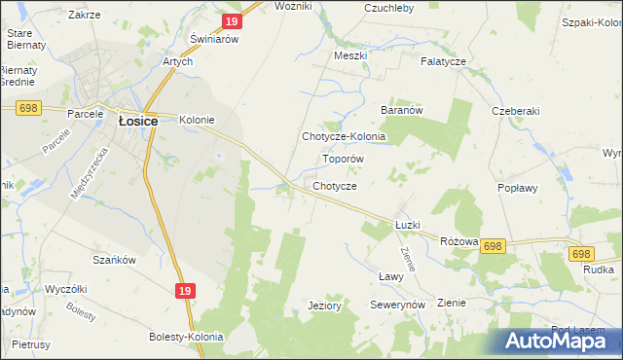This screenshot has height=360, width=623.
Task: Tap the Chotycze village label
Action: pos(335,186)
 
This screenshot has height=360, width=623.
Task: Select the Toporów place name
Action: pos(343,158)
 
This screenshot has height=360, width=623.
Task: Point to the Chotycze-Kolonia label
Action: pos(344,137)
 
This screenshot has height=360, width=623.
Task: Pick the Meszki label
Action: pos(349,55)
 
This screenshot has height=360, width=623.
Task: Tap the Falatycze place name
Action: pos(444,61)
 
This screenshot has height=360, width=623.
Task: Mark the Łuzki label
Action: pos(407,225)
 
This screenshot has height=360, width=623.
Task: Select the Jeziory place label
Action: pos(324,306)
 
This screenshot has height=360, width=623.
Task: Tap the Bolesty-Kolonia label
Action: pos(186,337)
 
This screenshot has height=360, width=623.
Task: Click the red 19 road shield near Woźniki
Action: pos(230,21)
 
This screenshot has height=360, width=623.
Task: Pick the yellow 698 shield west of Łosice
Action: pos(27,108)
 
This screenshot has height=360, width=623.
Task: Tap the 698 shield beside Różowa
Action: pos(493,247)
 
